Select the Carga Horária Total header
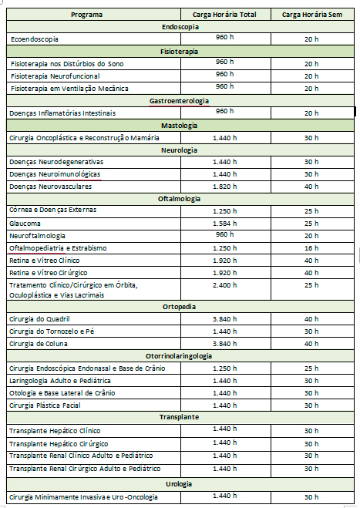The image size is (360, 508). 226,14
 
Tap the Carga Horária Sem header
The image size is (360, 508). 311,14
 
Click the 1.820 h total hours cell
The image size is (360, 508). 225,187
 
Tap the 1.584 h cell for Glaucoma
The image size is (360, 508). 225,223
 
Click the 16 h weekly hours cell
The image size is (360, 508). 311,248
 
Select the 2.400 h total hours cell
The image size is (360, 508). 225,285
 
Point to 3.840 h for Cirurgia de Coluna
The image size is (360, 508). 225,344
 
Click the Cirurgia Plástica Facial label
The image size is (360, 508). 46,405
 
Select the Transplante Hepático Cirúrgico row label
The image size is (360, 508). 58,443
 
